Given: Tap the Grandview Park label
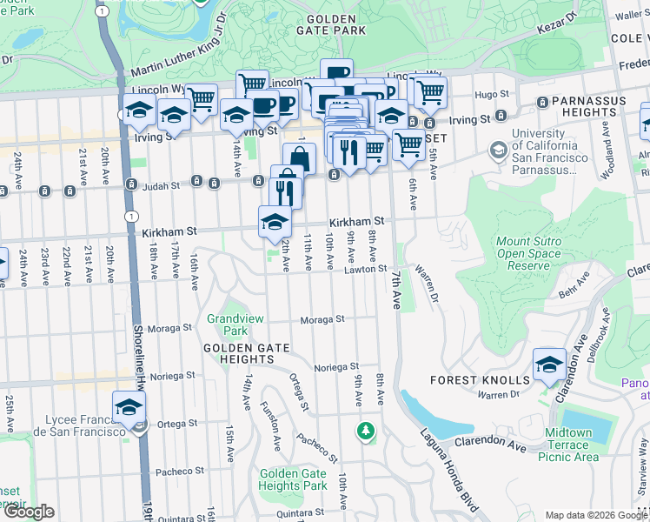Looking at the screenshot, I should coord(228,325).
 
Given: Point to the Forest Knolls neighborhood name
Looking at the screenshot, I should coord(479,380).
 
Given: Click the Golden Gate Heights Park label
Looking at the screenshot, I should coord(293,479).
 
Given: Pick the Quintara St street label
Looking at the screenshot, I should coord(295,512).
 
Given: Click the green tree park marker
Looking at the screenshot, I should coord(366,430).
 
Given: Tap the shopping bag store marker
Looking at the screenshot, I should coord(298,158).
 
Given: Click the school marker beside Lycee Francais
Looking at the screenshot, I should coord(129,406).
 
